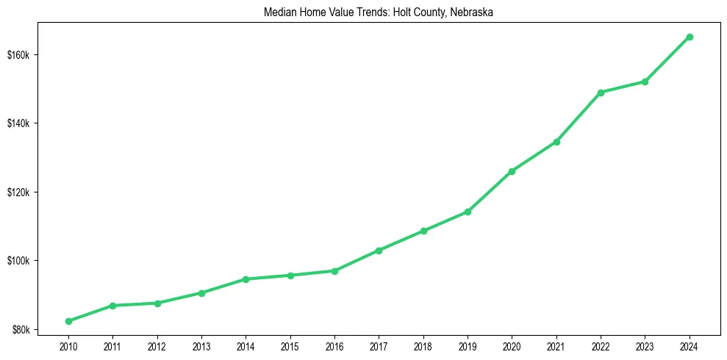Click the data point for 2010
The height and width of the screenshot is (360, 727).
(68, 321)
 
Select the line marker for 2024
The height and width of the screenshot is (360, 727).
(690, 37)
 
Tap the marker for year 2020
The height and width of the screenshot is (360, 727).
(512, 171)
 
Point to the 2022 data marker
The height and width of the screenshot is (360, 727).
(601, 93)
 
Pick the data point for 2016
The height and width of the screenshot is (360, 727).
(334, 271)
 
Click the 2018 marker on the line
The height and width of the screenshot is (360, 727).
(423, 231)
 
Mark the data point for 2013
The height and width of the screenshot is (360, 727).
(201, 293)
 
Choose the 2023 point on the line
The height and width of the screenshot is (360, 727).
(645, 82)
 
